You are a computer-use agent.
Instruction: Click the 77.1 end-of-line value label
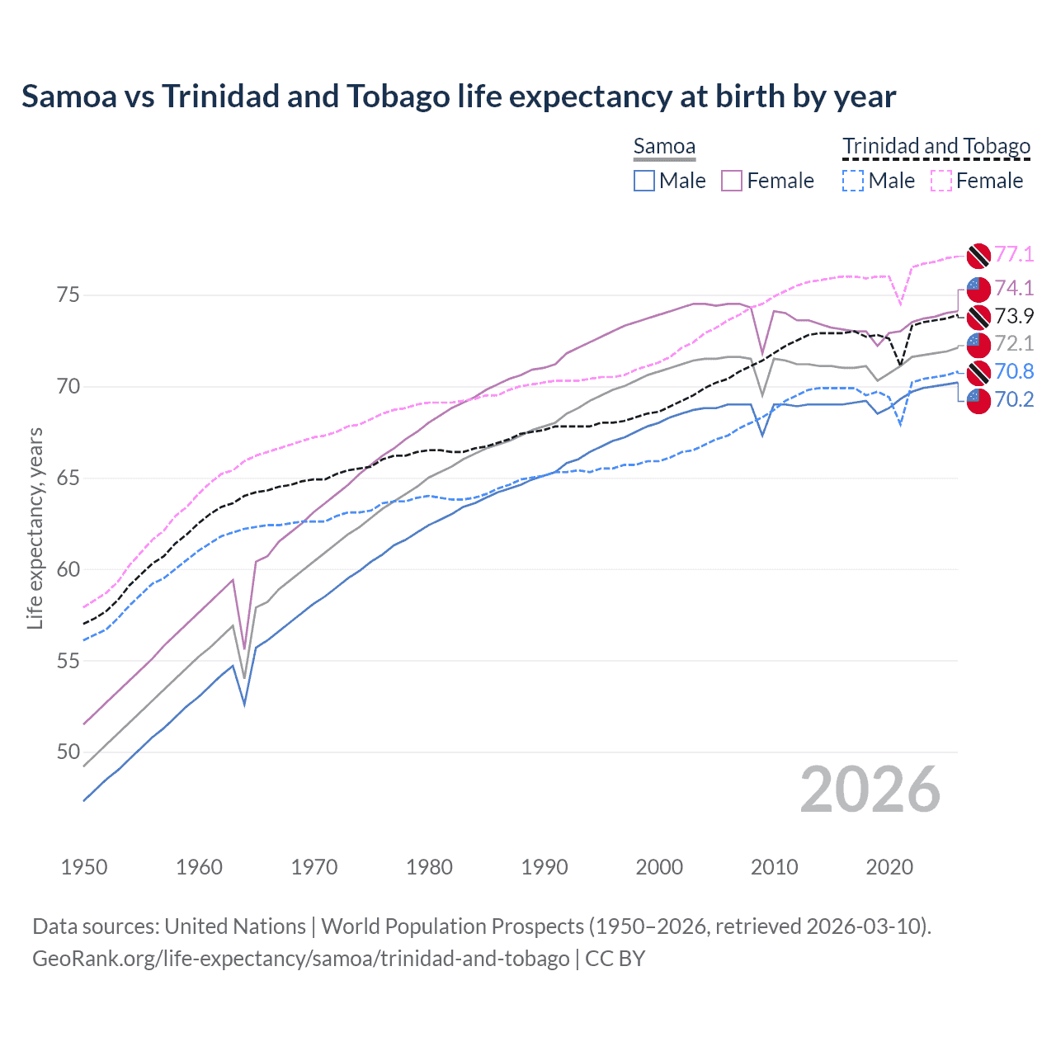click(x=1014, y=255)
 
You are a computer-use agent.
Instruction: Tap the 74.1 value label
click(x=1014, y=288)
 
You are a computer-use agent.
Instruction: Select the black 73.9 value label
click(x=1014, y=316)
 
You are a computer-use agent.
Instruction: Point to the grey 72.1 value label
click(x=1014, y=343)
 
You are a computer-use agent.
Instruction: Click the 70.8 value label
click(x=1014, y=372)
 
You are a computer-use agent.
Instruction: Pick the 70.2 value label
click(x=1014, y=400)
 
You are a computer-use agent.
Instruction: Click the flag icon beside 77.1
click(x=978, y=256)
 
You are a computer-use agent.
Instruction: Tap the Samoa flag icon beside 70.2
click(x=978, y=401)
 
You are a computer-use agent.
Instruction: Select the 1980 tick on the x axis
click(x=429, y=867)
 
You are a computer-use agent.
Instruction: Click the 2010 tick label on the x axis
click(x=774, y=867)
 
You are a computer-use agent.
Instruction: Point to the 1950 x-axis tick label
click(x=84, y=867)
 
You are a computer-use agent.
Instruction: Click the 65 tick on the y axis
click(x=68, y=478)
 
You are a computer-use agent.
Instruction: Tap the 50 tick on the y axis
click(x=68, y=752)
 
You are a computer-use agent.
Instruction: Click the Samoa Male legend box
click(x=644, y=181)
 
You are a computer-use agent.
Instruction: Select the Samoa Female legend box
click(x=732, y=181)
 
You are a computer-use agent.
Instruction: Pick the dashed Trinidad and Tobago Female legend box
click(x=941, y=181)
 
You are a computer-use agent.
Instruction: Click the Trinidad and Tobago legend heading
click(x=936, y=147)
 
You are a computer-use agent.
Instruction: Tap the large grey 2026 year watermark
click(x=870, y=790)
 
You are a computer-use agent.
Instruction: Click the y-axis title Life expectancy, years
click(x=35, y=528)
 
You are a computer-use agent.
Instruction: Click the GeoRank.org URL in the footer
click(x=300, y=959)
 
